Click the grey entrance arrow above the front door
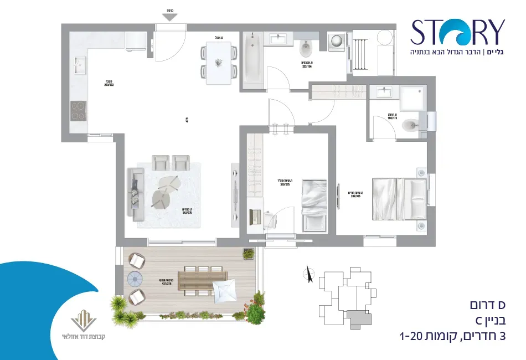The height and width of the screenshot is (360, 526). (x=170, y=17)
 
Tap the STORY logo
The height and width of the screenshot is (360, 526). (x=457, y=32)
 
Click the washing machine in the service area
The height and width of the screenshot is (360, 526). (x=337, y=42)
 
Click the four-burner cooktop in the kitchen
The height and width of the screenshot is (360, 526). (x=79, y=111)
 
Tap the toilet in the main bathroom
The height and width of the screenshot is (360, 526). (x=306, y=51)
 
